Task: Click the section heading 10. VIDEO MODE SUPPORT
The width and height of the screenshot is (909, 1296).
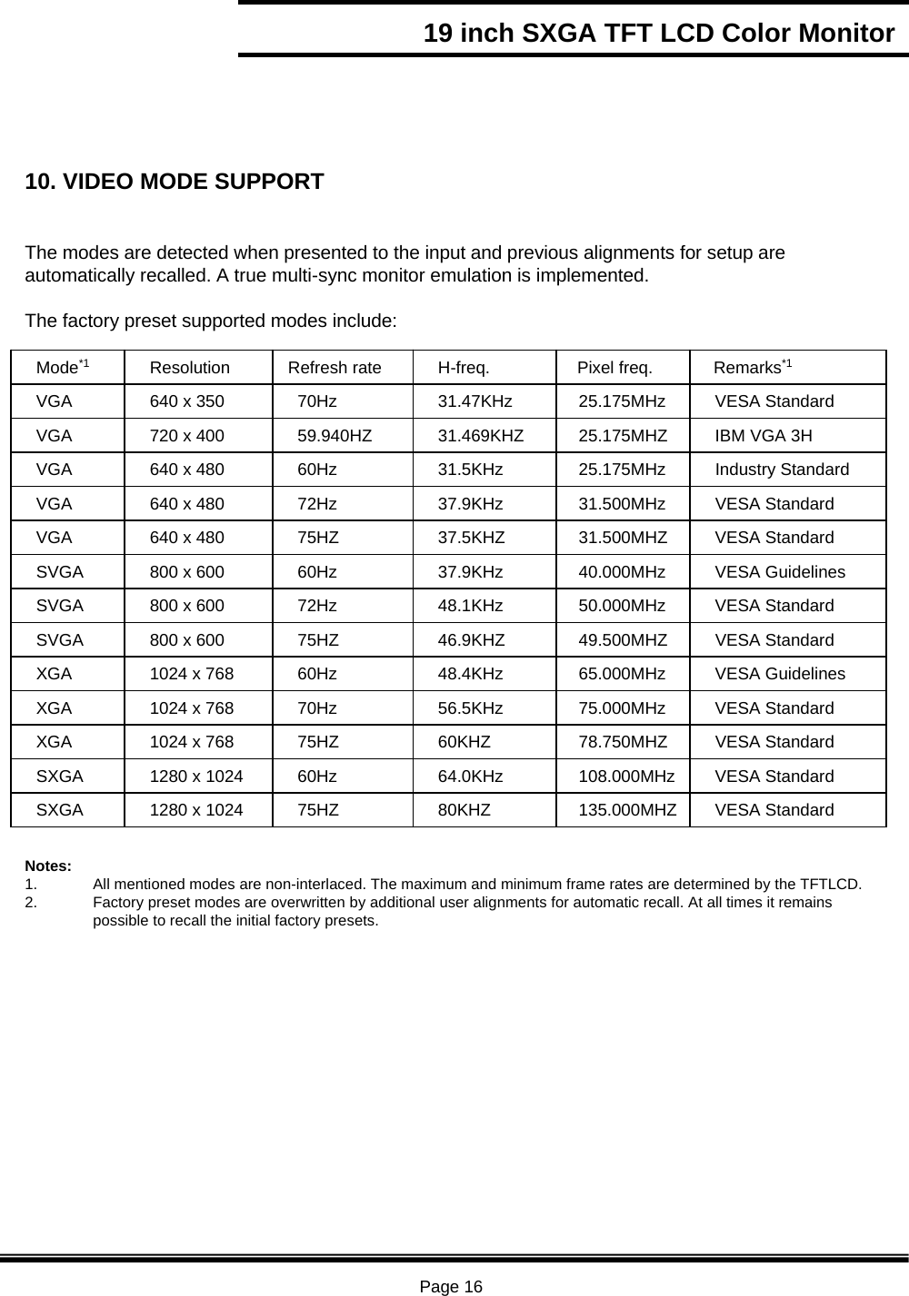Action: tap(174, 182)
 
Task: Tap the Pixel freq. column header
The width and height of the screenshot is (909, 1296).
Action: tap(614, 368)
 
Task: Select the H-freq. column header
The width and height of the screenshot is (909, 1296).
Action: tap(464, 368)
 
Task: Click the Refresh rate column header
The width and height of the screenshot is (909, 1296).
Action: tap(335, 368)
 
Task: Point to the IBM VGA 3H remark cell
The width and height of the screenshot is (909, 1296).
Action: tap(764, 436)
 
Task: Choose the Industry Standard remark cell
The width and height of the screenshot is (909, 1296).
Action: tap(782, 470)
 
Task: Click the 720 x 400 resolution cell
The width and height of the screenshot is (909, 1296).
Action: tap(187, 436)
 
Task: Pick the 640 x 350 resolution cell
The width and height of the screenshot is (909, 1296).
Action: tap(187, 401)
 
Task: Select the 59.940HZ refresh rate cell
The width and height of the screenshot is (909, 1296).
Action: tap(335, 436)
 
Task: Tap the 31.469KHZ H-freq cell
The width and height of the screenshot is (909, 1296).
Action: tap(481, 436)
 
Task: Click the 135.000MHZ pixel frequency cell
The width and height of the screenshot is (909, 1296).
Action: tap(627, 810)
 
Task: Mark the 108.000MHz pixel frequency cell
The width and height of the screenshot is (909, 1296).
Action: tap(626, 777)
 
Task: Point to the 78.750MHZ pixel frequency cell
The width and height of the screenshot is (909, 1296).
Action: tap(623, 742)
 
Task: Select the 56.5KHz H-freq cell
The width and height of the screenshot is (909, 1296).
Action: tap(471, 708)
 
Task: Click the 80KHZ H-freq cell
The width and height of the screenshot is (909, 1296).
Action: tap(464, 810)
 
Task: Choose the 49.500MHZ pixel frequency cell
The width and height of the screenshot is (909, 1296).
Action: tap(623, 640)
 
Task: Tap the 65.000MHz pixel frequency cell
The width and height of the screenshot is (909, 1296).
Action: tap(622, 674)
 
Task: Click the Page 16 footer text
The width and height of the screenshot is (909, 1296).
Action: tap(451, 1286)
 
